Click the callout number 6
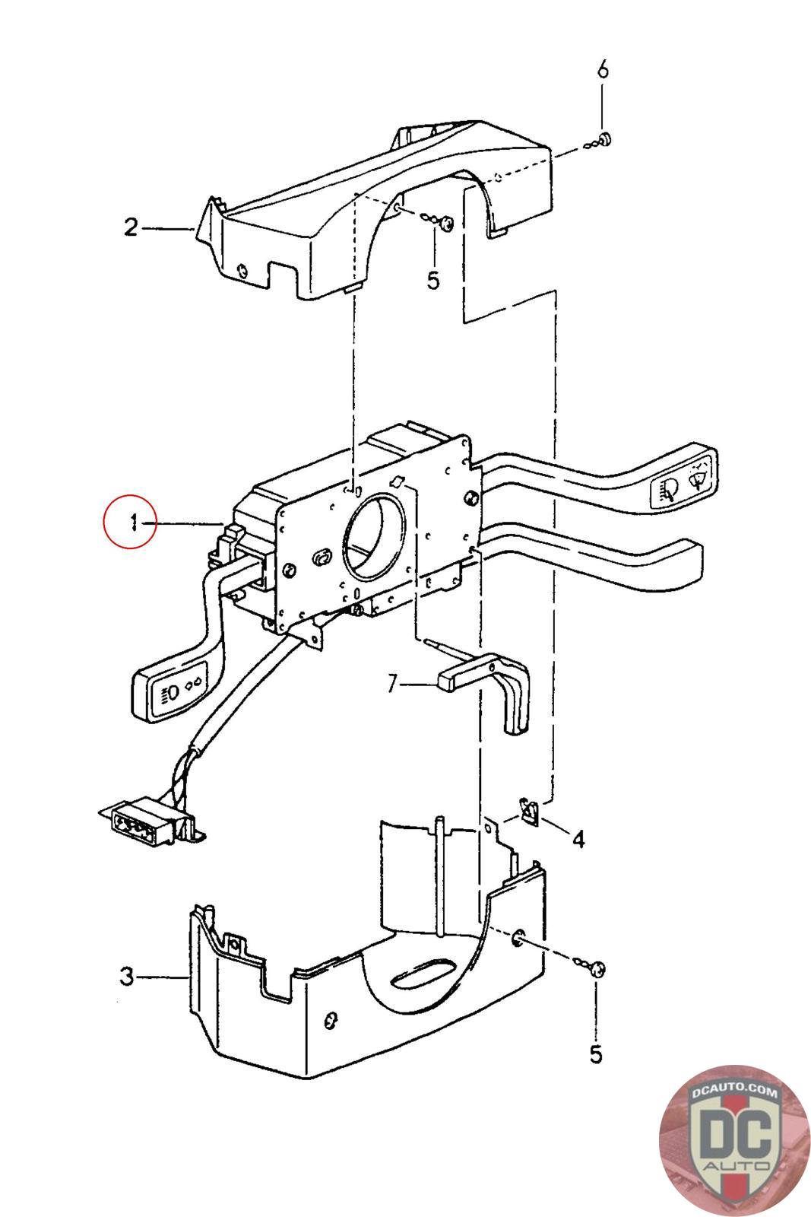603,70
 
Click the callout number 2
131,227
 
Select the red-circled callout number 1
133,523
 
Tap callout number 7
392,684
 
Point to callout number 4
578,840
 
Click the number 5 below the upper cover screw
432,281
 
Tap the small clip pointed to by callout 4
529,811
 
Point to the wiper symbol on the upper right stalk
700,478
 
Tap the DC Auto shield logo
734,1140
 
